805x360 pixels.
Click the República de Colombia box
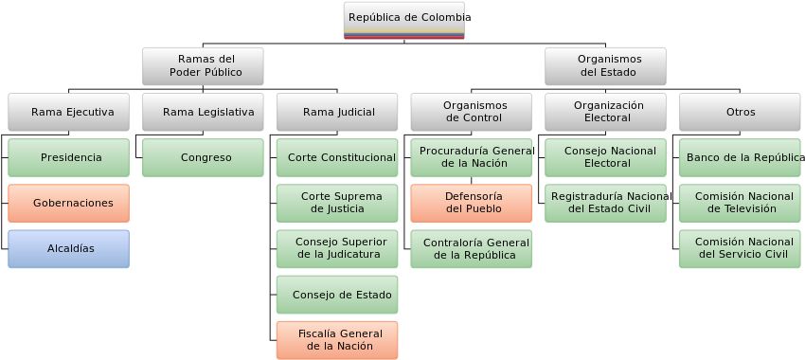[403, 19]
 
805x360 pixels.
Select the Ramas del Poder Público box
[204, 65]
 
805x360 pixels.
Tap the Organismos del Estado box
[605, 65]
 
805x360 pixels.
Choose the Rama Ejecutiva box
[69, 112]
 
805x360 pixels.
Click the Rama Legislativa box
[204, 112]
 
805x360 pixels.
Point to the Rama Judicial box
[337, 112]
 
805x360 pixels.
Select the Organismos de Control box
[472, 112]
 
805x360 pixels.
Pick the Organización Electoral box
[605, 112]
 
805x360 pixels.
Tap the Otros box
[740, 112]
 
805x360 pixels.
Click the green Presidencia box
[69, 157]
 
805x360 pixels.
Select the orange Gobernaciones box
[69, 203]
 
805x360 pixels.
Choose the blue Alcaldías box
[69, 248]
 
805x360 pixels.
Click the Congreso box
[204, 157]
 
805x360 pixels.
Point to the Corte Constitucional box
[337, 157]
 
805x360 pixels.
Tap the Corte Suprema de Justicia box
[337, 203]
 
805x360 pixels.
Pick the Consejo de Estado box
[337, 295]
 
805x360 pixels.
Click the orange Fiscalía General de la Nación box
[337, 340]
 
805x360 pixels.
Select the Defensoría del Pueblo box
[472, 203]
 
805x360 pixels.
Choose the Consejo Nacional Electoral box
[605, 157]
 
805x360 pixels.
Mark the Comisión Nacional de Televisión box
[740, 203]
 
